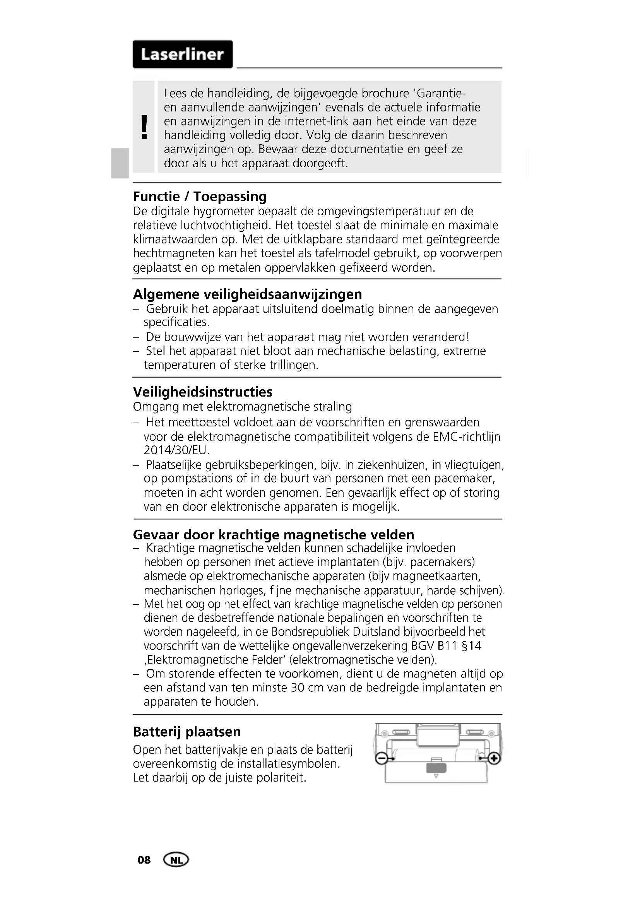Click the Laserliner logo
pos(183,55)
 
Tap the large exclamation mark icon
pos(144,127)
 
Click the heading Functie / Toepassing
pos(200,196)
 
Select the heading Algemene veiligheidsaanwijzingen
pos(248,294)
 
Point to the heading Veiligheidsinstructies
pos(202,392)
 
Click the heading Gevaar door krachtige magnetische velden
pos(274,534)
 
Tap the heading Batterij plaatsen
pos(187,732)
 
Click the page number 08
pos(144,860)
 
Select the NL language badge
pos(176,860)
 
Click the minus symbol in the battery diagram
pos(381,758)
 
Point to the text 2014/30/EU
pos(176,450)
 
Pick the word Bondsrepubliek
pos(310,632)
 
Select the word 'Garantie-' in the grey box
pos(441,93)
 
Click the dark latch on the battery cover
pos(436,768)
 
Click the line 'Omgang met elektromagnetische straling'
pos(242,406)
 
